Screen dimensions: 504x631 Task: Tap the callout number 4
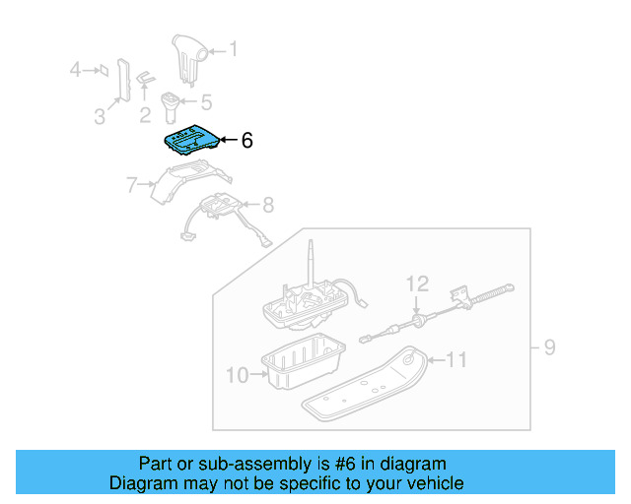tap(75, 69)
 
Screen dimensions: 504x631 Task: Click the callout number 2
tap(145, 116)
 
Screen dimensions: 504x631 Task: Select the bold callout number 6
tap(246, 141)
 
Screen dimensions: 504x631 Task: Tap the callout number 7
tap(131, 183)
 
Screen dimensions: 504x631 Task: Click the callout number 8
tap(267, 205)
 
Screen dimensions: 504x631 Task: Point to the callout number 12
tap(418, 284)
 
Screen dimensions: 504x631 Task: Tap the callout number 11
tap(455, 360)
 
